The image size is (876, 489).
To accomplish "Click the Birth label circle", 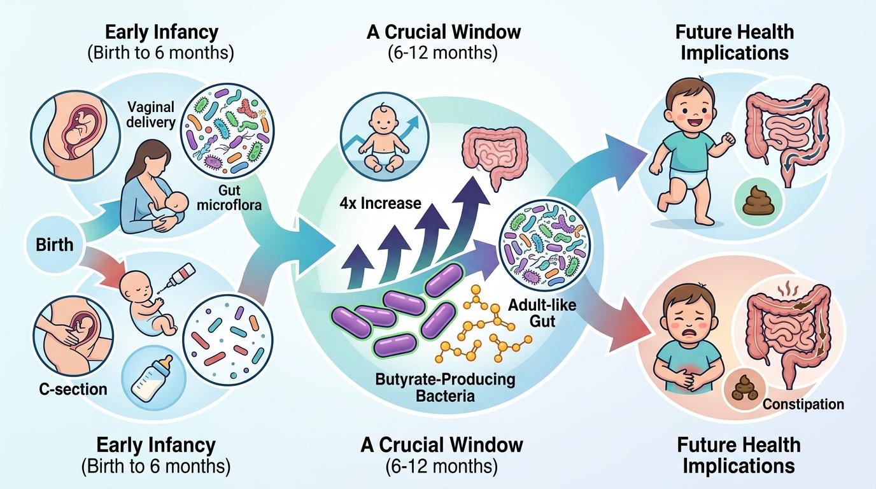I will point(55,244).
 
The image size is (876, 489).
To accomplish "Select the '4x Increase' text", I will point(381,203).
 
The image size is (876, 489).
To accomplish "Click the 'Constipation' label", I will point(802,404).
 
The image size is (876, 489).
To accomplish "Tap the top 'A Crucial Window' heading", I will point(443,31).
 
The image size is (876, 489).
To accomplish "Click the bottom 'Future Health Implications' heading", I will point(738,455).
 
